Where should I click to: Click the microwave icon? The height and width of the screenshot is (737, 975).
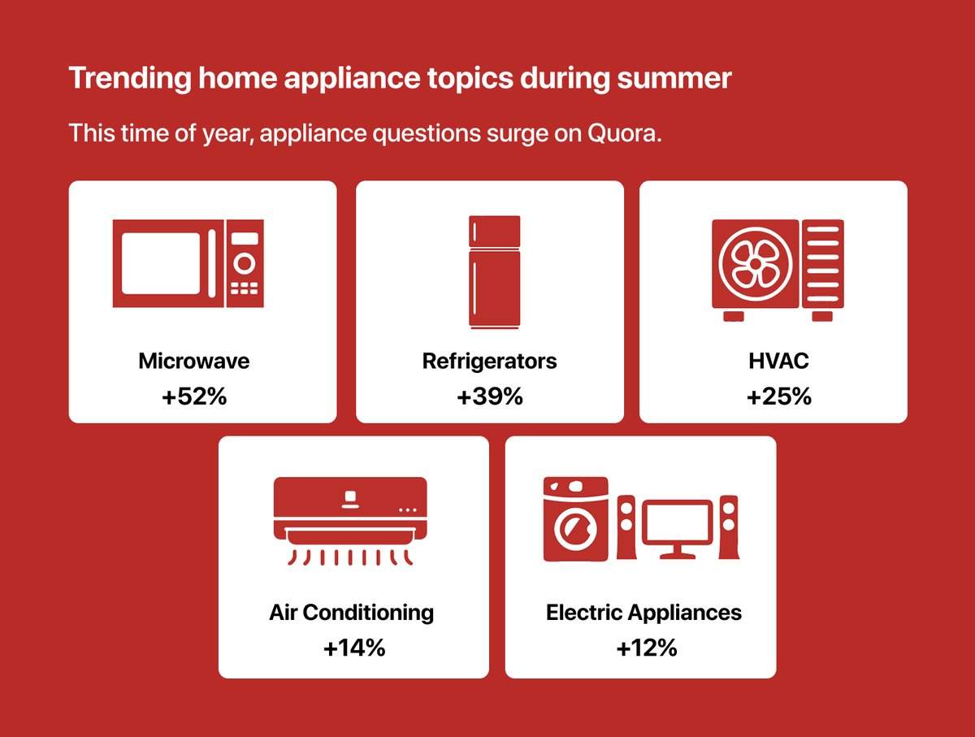(x=188, y=263)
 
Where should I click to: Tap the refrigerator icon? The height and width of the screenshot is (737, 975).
(x=494, y=271)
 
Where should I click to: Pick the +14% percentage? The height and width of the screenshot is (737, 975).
(x=353, y=648)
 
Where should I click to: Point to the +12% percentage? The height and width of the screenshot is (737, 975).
(x=645, y=648)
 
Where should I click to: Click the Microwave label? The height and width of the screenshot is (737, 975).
(x=193, y=361)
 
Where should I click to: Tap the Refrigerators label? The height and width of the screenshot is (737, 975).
(x=490, y=361)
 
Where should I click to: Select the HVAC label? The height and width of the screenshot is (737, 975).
(x=778, y=361)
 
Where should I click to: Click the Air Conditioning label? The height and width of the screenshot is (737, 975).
(x=351, y=612)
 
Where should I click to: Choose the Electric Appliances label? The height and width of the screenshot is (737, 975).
(x=643, y=612)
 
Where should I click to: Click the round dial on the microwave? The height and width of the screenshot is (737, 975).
(x=245, y=263)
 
